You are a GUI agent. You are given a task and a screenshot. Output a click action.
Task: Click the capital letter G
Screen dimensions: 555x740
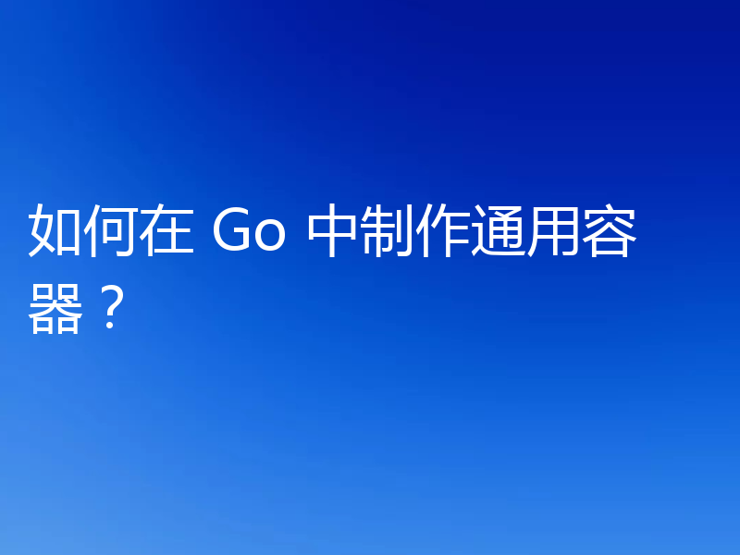232,233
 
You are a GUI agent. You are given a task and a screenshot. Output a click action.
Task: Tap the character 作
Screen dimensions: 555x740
444,233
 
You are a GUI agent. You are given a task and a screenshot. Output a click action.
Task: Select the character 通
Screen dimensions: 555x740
499,233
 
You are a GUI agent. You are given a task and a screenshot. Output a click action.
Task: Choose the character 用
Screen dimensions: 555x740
555,233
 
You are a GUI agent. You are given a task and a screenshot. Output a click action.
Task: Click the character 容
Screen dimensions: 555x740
610,233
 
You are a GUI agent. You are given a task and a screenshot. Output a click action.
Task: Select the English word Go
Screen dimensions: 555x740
251,233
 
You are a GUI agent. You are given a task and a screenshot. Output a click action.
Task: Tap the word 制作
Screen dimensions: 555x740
416,233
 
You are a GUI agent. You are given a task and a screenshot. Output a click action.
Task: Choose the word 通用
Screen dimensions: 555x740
527,233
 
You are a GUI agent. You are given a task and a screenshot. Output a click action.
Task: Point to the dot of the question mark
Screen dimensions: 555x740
110,328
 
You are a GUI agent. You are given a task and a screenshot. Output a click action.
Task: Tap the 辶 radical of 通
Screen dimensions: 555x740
482,242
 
